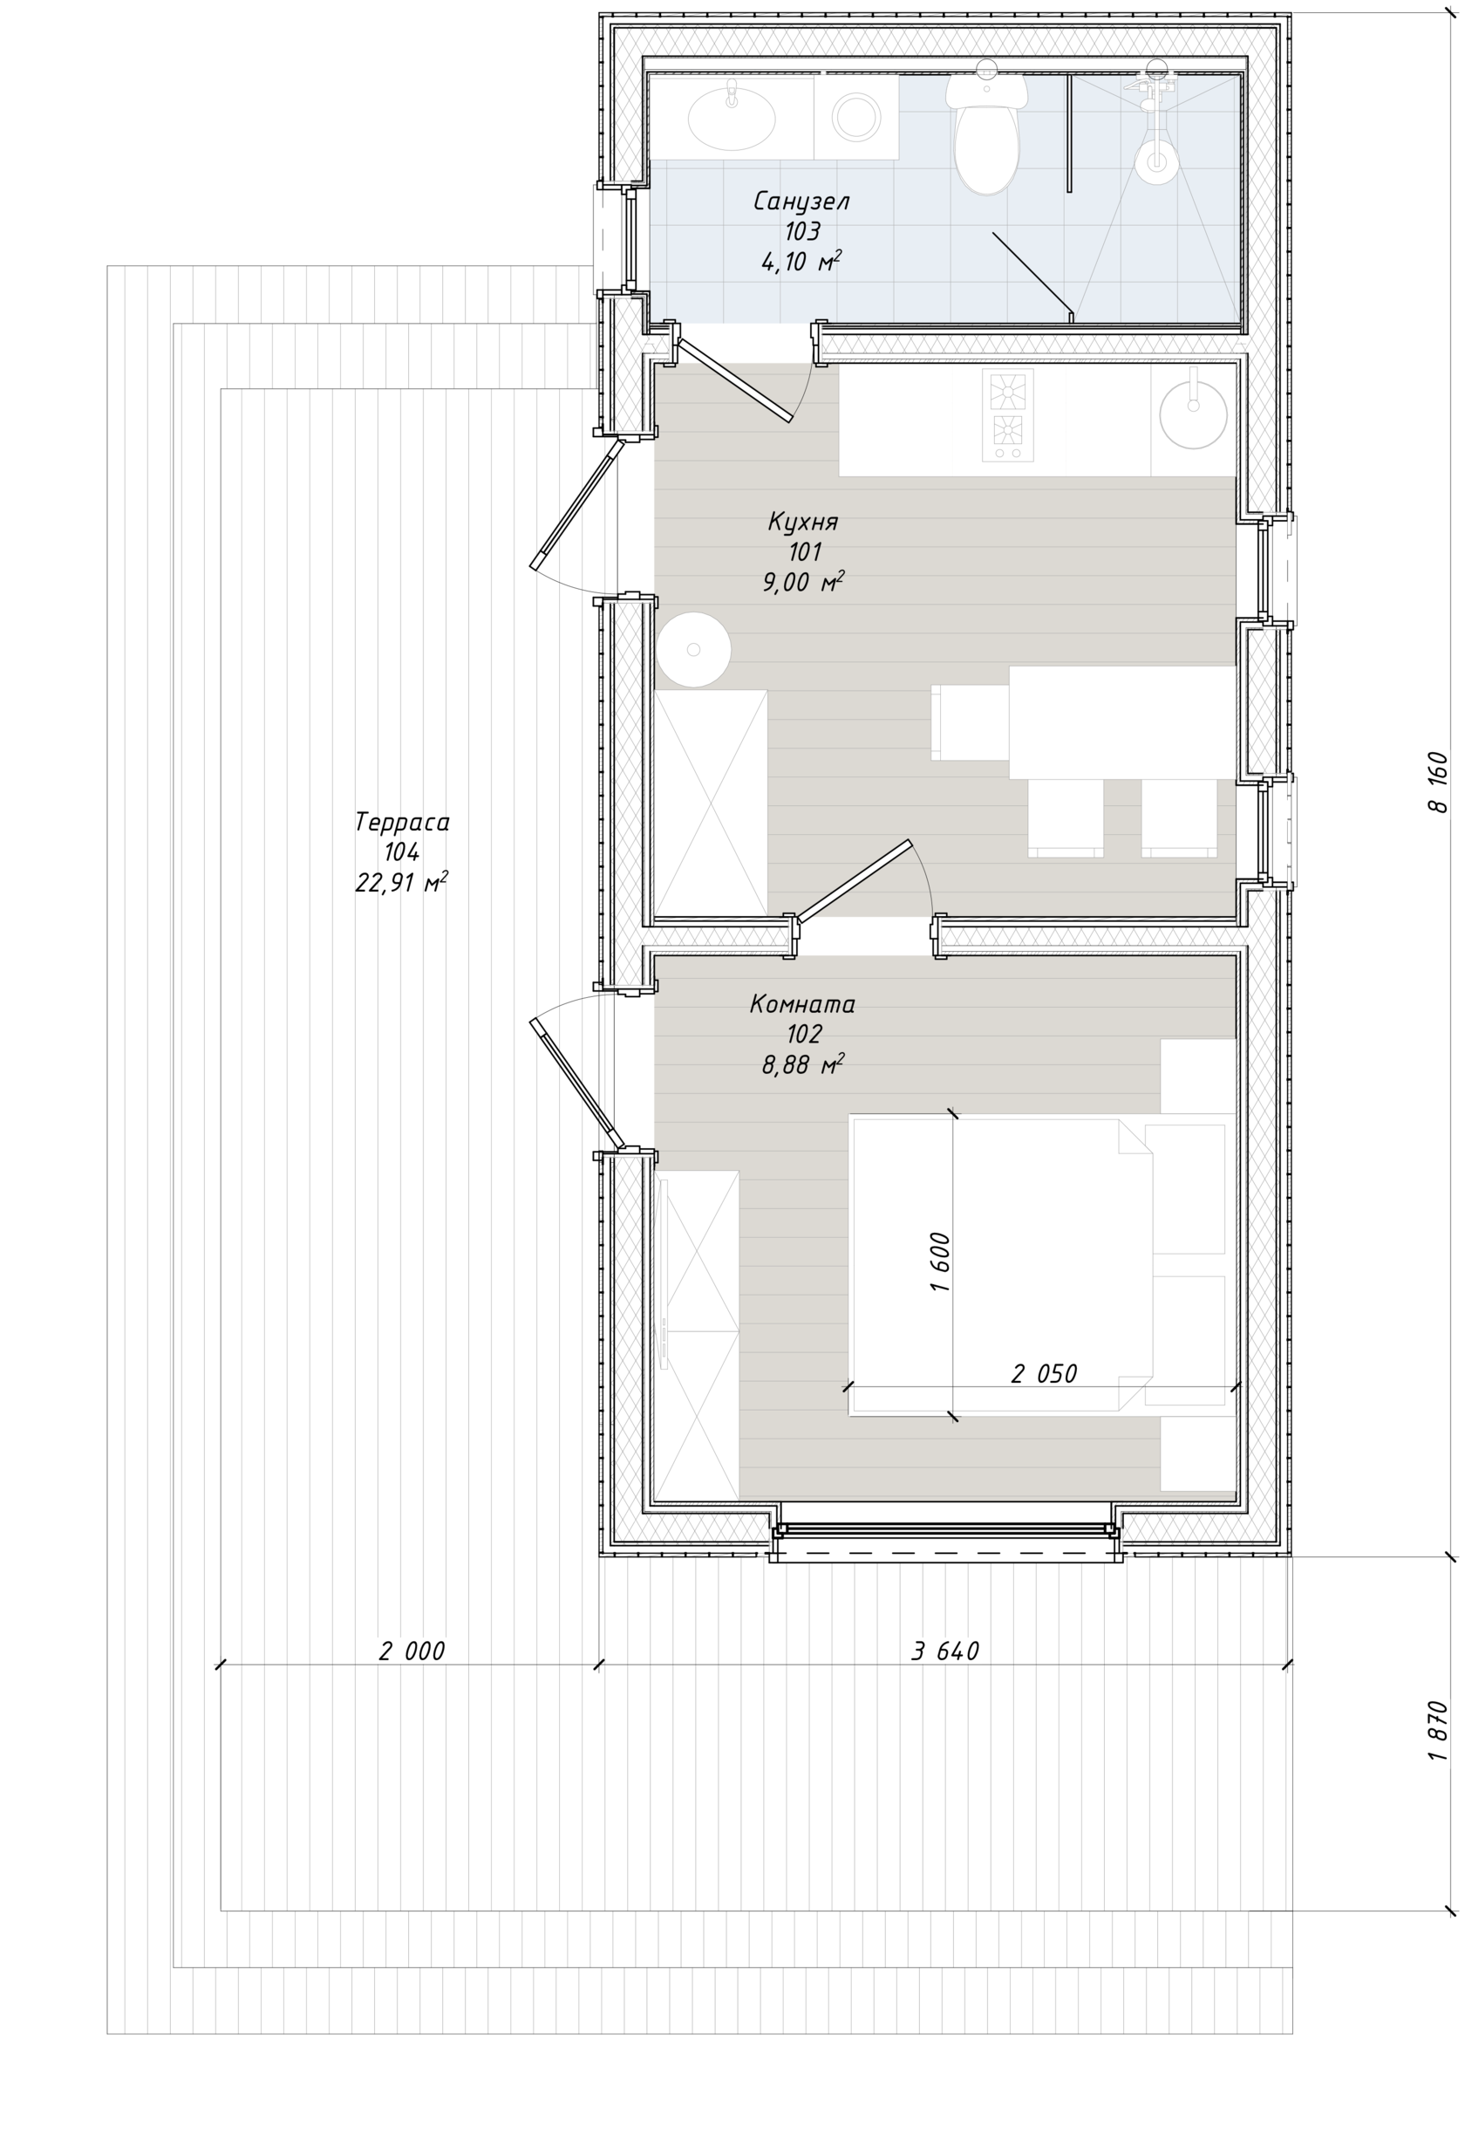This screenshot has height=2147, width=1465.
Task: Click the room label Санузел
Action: [801, 202]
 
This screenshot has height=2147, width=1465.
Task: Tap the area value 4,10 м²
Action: [801, 262]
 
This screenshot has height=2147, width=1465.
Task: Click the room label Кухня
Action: [803, 522]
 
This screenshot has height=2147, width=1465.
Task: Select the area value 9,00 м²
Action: [803, 582]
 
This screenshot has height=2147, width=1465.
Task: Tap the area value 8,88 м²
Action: [803, 1064]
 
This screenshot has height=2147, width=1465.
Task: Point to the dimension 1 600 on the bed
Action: [939, 1262]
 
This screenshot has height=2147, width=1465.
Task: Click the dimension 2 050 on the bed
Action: [1044, 1374]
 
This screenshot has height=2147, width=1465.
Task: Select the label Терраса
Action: [402, 822]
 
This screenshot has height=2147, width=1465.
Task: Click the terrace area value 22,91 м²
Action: [402, 882]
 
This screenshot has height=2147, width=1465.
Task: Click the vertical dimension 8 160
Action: [1438, 782]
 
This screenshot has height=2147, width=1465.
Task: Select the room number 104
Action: [402, 851]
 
